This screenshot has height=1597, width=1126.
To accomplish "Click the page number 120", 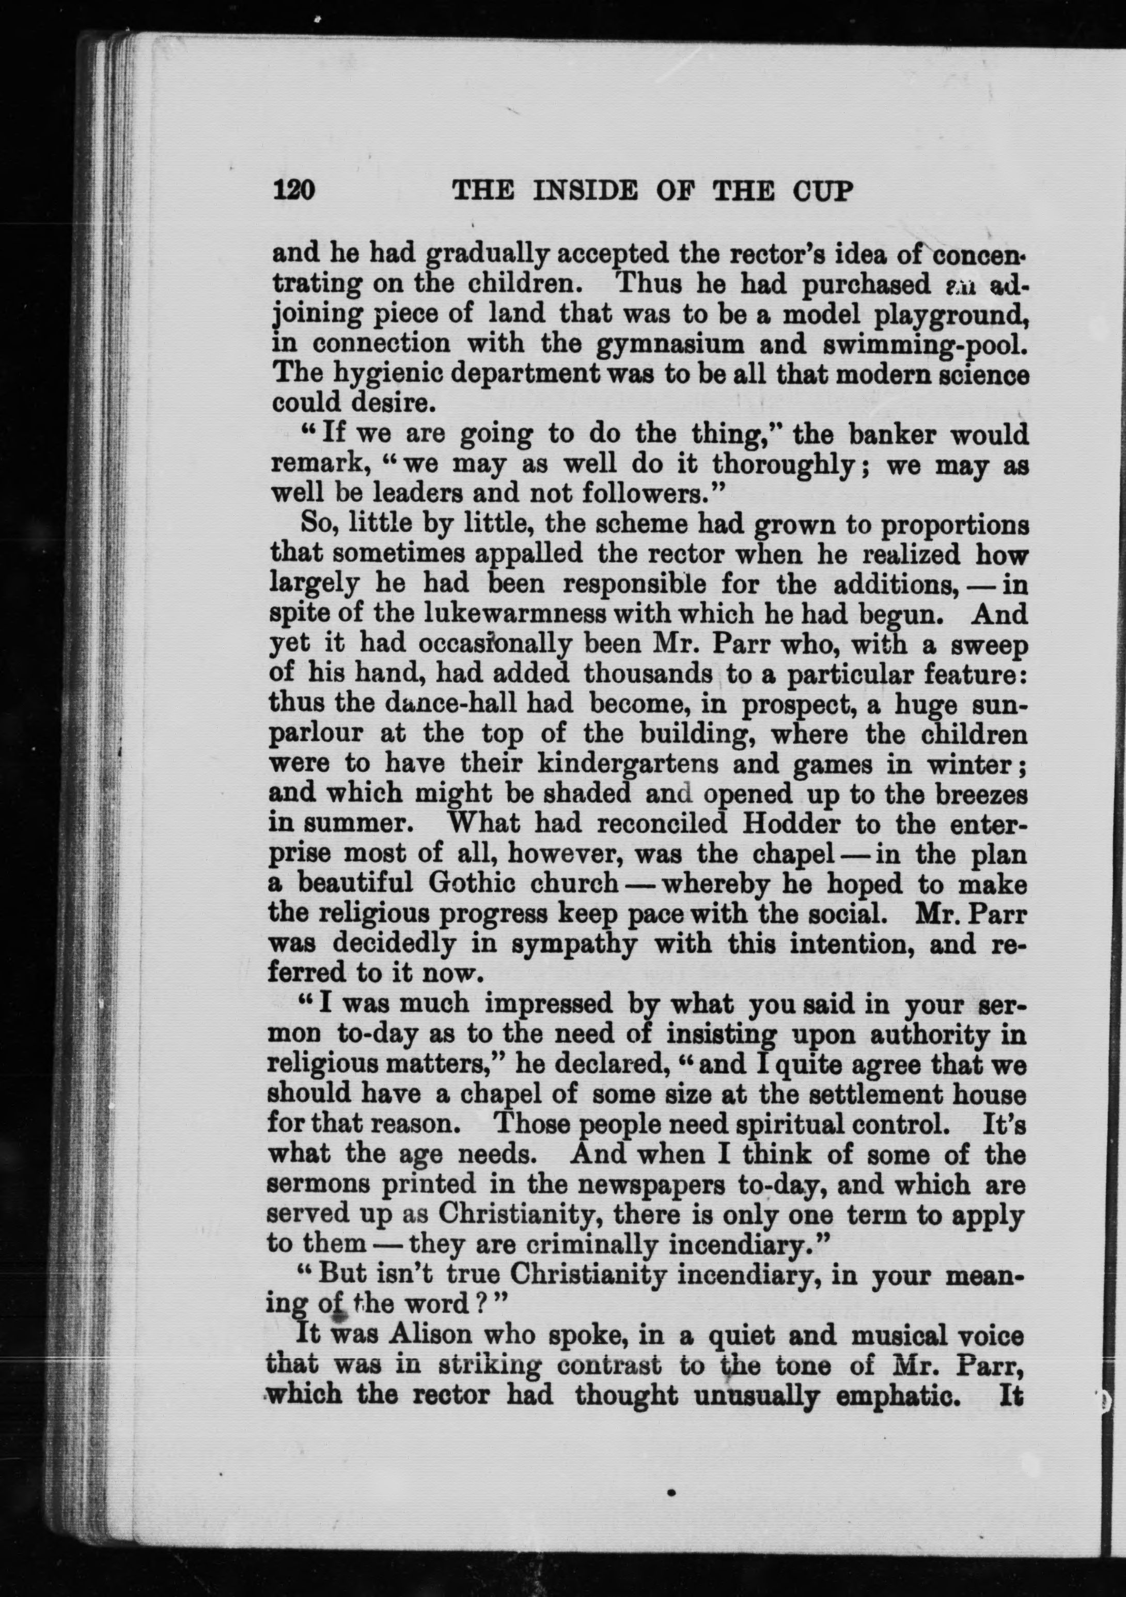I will coord(295,190).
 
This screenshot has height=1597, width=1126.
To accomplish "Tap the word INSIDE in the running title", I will coord(583,190).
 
